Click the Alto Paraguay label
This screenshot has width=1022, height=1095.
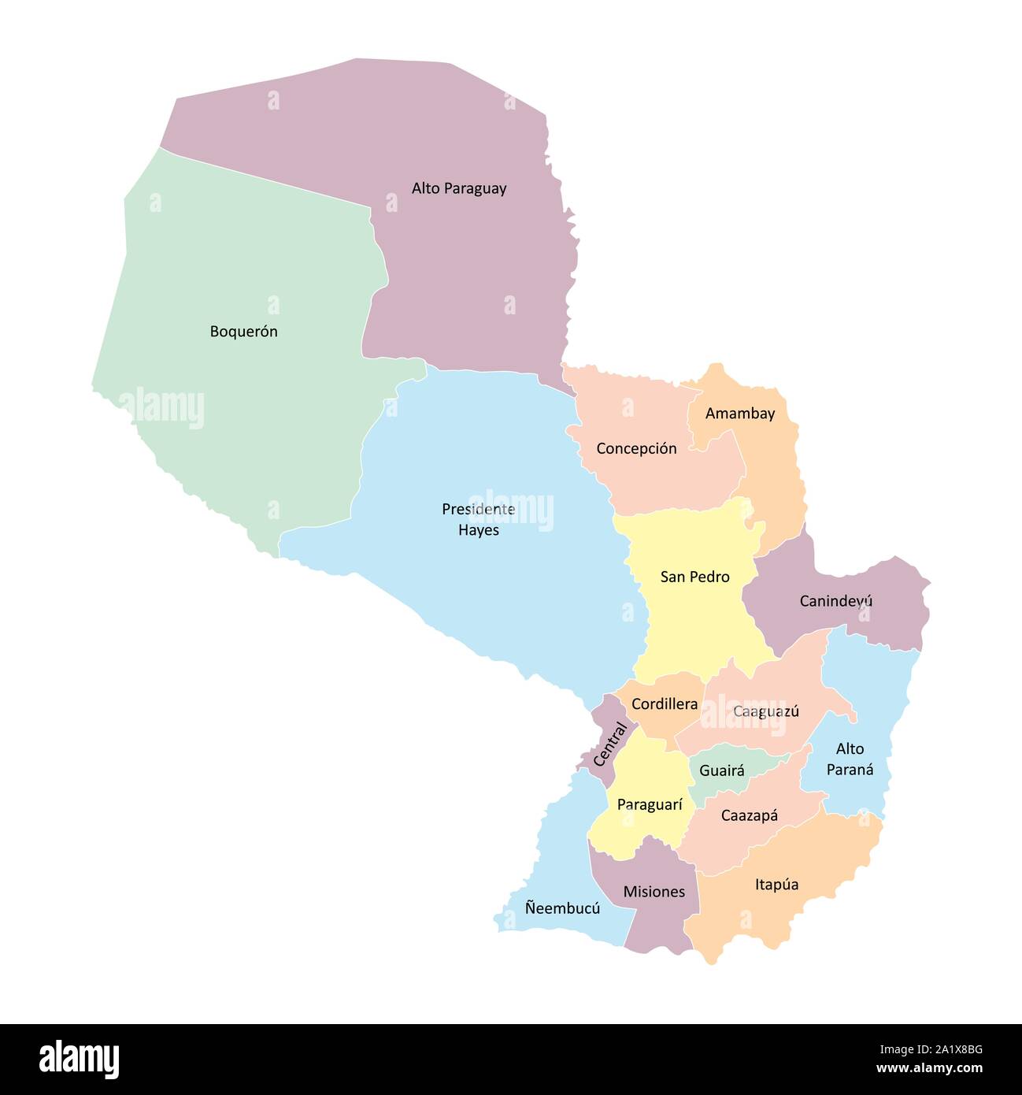tap(459, 189)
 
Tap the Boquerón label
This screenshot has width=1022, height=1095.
tap(243, 332)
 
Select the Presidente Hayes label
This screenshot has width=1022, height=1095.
tap(479, 520)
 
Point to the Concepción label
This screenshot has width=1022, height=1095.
tap(636, 449)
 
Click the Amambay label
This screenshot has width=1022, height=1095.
tap(740, 414)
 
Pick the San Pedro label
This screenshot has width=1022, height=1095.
tap(694, 577)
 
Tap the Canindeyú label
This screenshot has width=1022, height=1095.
tap(836, 602)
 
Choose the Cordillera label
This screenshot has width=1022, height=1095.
tap(665, 704)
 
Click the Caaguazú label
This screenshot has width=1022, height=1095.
tap(766, 711)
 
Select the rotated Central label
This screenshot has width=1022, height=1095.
tap(610, 744)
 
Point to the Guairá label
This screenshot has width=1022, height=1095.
tap(722, 771)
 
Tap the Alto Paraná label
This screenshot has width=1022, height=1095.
tap(850, 759)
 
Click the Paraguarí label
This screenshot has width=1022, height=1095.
tap(650, 805)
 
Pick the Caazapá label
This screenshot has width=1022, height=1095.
tap(750, 816)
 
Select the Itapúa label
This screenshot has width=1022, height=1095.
tap(777, 885)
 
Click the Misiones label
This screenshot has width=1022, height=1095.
tap(654, 893)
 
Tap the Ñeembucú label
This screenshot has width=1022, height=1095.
tap(562, 908)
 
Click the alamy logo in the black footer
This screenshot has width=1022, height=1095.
tap(80, 1059)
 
